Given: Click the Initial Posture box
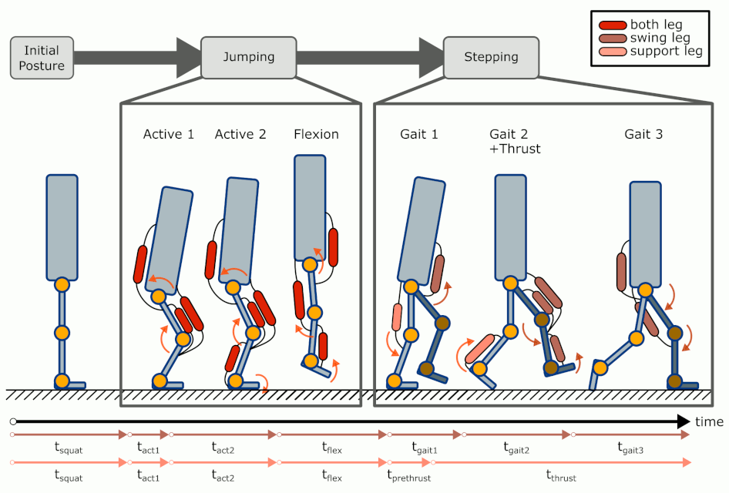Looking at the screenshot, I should tap(42, 58).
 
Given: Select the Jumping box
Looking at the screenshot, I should tap(248, 58).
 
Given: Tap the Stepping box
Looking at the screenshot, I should tap(491, 57).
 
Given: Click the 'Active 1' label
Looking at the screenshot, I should tap(169, 134).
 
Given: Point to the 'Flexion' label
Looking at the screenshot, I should tap(316, 134).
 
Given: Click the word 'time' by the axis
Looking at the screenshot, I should tap(709, 422).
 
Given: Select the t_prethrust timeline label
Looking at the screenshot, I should tap(408, 478).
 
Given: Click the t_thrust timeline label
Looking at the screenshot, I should tap(561, 478).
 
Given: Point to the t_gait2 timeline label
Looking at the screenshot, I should tap(516, 447).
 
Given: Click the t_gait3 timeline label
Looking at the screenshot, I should tap(631, 447).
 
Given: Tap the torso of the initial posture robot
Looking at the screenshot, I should tap(62, 226).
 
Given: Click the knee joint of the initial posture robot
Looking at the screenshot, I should tap(62, 333).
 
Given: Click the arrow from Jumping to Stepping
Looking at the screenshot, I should tap(370, 57).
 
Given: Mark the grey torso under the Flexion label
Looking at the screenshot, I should tap(310, 206).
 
